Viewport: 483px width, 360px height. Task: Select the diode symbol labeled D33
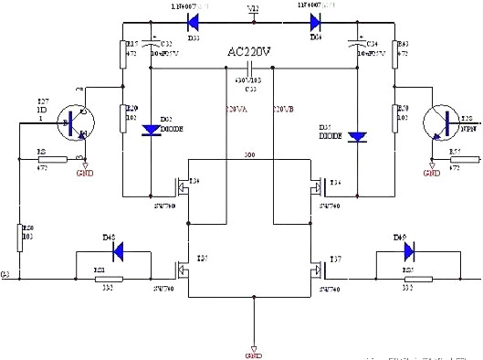[193, 16]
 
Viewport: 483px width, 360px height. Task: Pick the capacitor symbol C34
[357, 49]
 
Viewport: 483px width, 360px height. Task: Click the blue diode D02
[150, 128]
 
